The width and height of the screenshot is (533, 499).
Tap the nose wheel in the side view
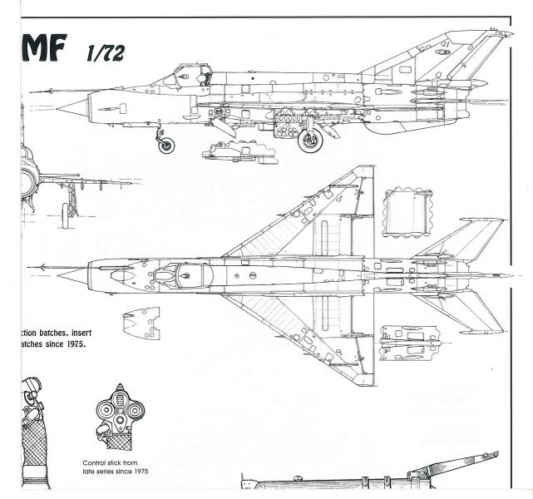pos(167,146)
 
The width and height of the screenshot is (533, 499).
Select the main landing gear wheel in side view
pos(312,141)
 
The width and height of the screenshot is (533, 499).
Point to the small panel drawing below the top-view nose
pos(141,323)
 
